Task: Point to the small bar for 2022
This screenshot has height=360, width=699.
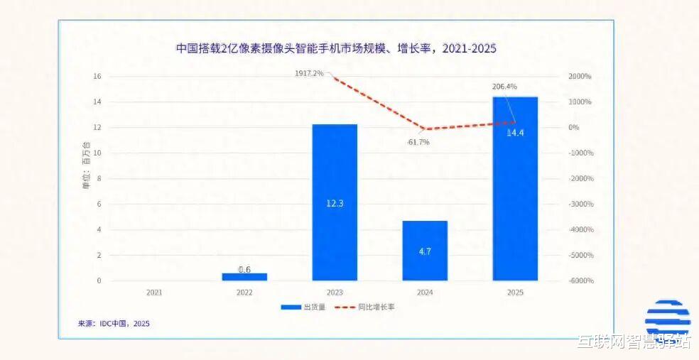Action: tap(244, 276)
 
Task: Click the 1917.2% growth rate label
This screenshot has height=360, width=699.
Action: tap(309, 73)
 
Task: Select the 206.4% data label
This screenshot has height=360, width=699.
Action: tap(504, 87)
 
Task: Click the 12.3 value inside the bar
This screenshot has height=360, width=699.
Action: tap(335, 204)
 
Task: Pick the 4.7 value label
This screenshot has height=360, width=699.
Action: tap(425, 251)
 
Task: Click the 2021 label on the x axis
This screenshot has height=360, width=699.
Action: tap(154, 292)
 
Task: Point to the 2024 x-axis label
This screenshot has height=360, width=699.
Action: tap(425, 292)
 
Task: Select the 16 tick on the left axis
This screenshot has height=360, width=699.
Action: tap(97, 77)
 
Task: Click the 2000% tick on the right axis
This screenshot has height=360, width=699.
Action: tap(580, 77)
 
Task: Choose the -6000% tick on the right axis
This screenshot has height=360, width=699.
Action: tap(580, 281)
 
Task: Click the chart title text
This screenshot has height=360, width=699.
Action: tap(336, 48)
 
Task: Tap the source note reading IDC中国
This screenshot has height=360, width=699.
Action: tap(114, 324)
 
